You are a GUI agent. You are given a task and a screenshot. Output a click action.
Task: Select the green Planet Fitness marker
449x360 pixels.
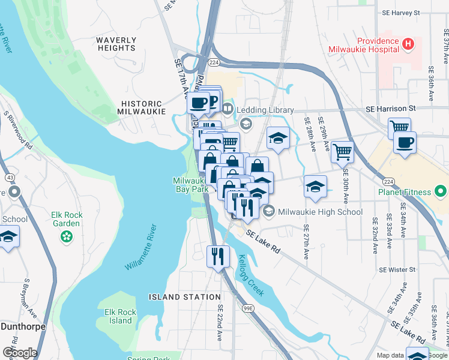click(441, 192)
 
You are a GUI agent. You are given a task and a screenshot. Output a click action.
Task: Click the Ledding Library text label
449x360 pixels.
click(265, 110)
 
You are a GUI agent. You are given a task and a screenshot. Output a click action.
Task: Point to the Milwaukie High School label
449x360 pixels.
click(320, 212)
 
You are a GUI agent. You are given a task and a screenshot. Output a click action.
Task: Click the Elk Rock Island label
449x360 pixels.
click(121, 316)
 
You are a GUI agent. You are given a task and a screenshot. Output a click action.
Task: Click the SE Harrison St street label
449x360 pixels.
click(391, 109)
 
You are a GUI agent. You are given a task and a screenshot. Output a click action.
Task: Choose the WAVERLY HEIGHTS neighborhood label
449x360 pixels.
click(116, 44)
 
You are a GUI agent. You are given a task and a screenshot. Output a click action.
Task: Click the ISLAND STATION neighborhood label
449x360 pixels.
click(185, 297)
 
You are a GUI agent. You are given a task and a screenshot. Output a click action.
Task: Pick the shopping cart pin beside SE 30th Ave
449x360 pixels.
click(342, 152)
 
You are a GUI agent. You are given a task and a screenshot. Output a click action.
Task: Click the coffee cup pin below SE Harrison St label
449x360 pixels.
click(405, 143)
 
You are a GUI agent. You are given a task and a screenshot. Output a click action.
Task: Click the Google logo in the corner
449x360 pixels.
click(19, 352)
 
